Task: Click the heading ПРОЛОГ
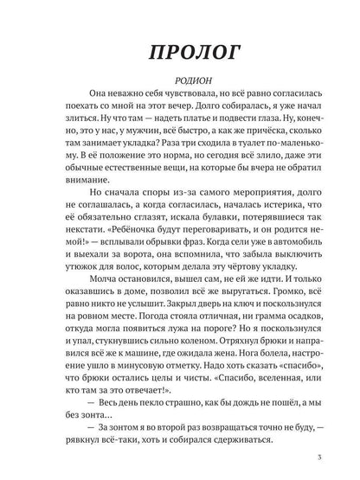pyautogui.click(x=179, y=54)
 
